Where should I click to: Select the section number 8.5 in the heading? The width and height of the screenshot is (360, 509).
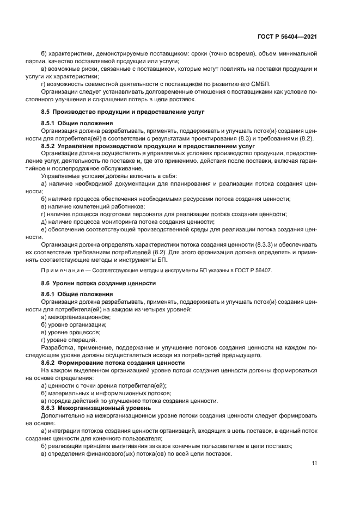click(47, 112)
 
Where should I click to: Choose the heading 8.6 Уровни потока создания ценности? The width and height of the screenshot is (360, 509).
click(99, 284)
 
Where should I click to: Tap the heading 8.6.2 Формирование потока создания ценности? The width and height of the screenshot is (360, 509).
click(113, 363)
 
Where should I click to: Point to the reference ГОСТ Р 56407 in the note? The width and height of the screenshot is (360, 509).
click(252, 271)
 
